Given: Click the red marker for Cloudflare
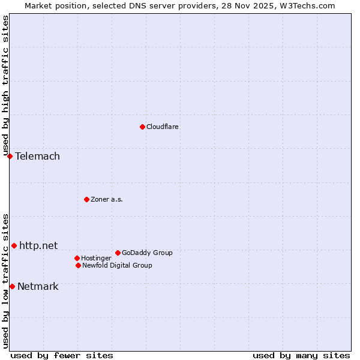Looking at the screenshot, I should coord(142,127).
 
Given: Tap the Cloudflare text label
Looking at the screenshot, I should coord(162,127).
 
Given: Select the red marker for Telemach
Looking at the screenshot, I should coord(10,156).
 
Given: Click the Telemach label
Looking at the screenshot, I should coord(37,157).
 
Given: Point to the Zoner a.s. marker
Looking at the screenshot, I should coord(86,199).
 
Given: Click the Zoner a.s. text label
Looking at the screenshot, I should coord(107,199).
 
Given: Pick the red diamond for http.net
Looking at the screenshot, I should coord(14,245).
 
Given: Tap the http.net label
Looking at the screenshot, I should coord(38,245).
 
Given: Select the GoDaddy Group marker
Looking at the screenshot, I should coord(118,253).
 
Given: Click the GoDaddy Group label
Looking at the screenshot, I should coord(147,253).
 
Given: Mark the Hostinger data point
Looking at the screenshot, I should coord(77,258).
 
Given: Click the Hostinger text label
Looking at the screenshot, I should coord(96,258).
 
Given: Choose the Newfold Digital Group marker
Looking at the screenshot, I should coord(78,265).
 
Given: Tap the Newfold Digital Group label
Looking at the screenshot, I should coord(117,265).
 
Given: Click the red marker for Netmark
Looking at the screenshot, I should coord(12,286).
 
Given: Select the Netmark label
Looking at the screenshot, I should coord(38,286).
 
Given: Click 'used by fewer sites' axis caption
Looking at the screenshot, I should coord(62,355).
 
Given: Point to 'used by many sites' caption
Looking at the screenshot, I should coord(301,355).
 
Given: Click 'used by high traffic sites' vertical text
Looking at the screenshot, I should coord(5,86).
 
